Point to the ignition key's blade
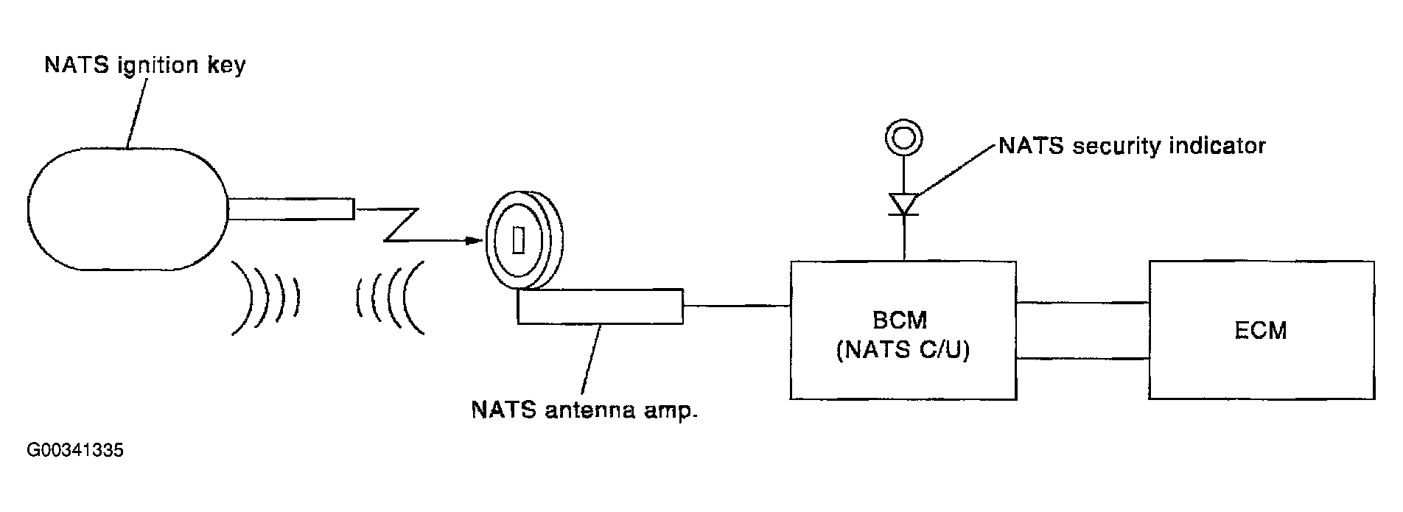pyautogui.click(x=291, y=209)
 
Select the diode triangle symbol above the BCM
pyautogui.click(x=903, y=204)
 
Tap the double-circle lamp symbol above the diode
pyautogui.click(x=903, y=138)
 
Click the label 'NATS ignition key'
pyautogui.click(x=145, y=66)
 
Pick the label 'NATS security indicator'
pyautogui.click(x=1132, y=146)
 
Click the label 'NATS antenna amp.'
pyautogui.click(x=584, y=410)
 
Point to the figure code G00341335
pyautogui.click(x=75, y=450)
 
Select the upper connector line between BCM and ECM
pyautogui.click(x=1082, y=302)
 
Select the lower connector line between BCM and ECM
pyautogui.click(x=1082, y=359)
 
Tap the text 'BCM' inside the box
pyautogui.click(x=903, y=321)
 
